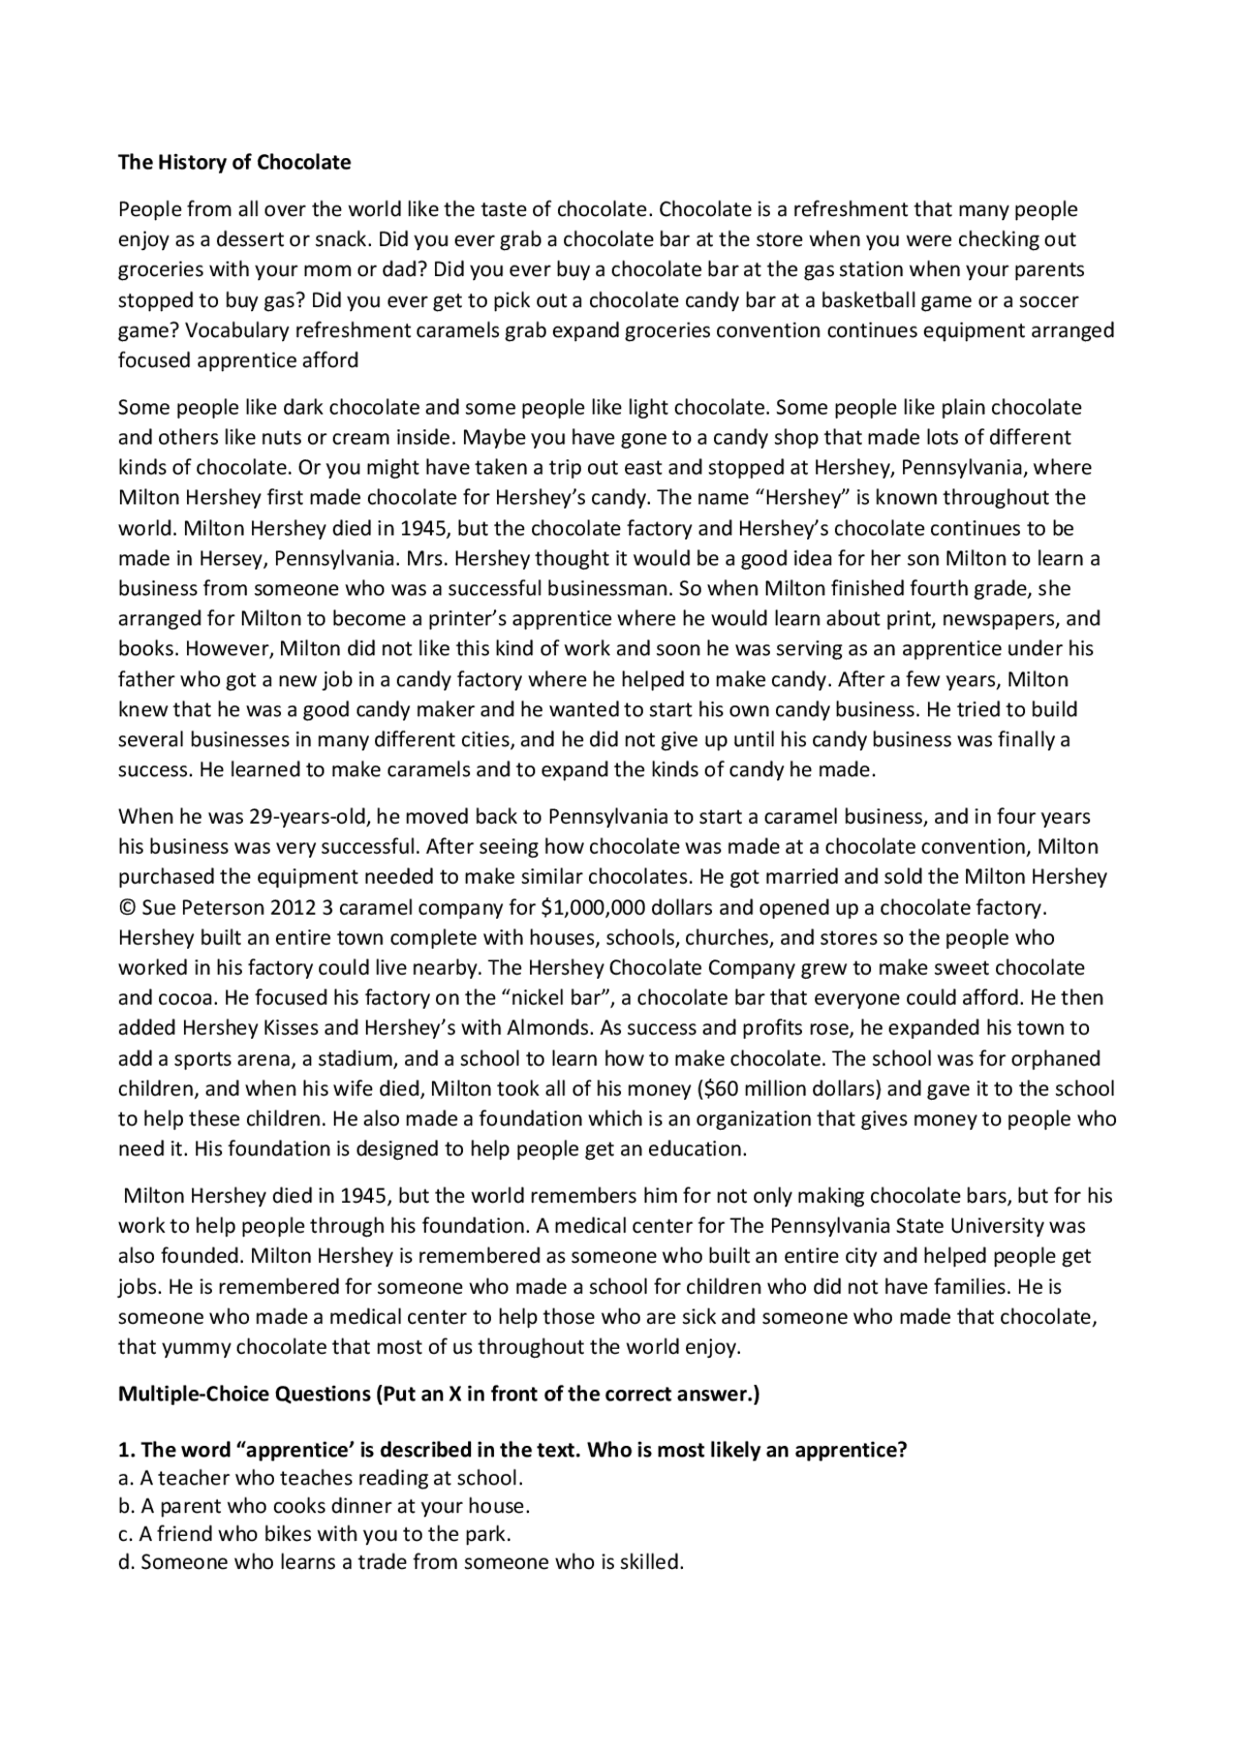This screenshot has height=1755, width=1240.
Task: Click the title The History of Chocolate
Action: point(234,162)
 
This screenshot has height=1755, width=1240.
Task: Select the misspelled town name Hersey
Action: point(233,559)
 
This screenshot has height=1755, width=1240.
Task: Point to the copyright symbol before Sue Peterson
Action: point(127,908)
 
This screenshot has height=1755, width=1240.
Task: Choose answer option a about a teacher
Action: point(321,1478)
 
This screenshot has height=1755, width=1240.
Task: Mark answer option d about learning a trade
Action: point(401,1562)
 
